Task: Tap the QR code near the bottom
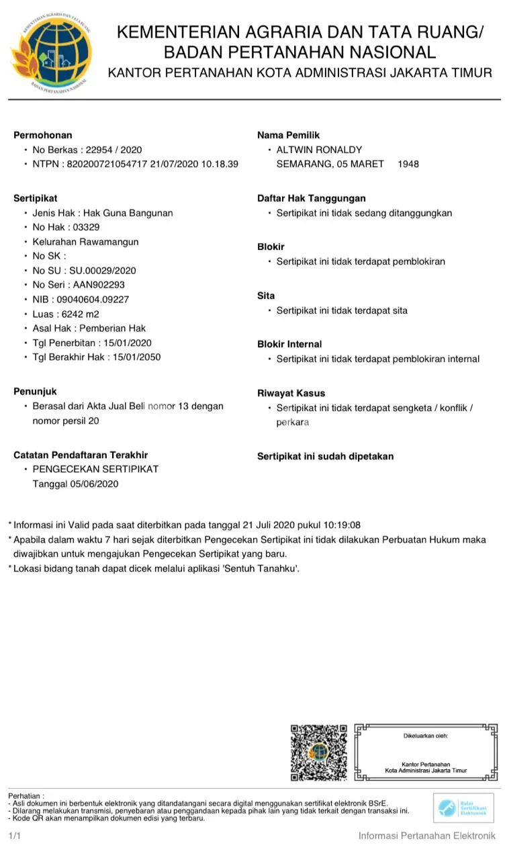(318, 752)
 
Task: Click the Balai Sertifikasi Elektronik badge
(463, 807)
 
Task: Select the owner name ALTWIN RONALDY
(319, 149)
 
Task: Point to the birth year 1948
(408, 164)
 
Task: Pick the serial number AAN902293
(99, 285)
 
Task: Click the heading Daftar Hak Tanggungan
(311, 198)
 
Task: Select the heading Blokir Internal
(289, 344)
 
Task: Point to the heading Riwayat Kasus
(291, 393)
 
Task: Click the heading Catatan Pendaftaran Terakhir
(81, 455)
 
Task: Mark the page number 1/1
(14, 836)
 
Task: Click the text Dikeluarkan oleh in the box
(425, 736)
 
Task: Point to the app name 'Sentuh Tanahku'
(259, 568)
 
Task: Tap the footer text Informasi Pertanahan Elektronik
(426, 836)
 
